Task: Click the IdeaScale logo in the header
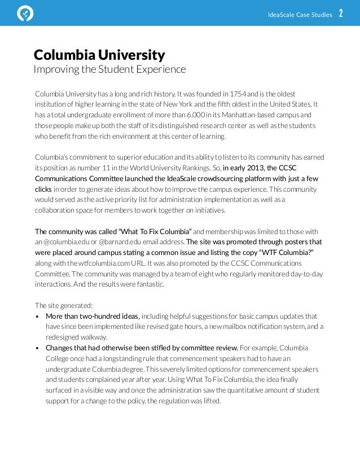click(25, 14)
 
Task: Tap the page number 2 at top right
click(341, 14)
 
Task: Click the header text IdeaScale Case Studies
click(300, 15)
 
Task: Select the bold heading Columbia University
click(99, 55)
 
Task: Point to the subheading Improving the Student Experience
click(109, 69)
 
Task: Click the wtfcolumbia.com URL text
click(106, 263)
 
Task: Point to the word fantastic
click(150, 284)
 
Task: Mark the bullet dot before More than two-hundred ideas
click(37, 316)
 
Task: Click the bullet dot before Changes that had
click(37, 348)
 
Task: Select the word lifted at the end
click(211, 401)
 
